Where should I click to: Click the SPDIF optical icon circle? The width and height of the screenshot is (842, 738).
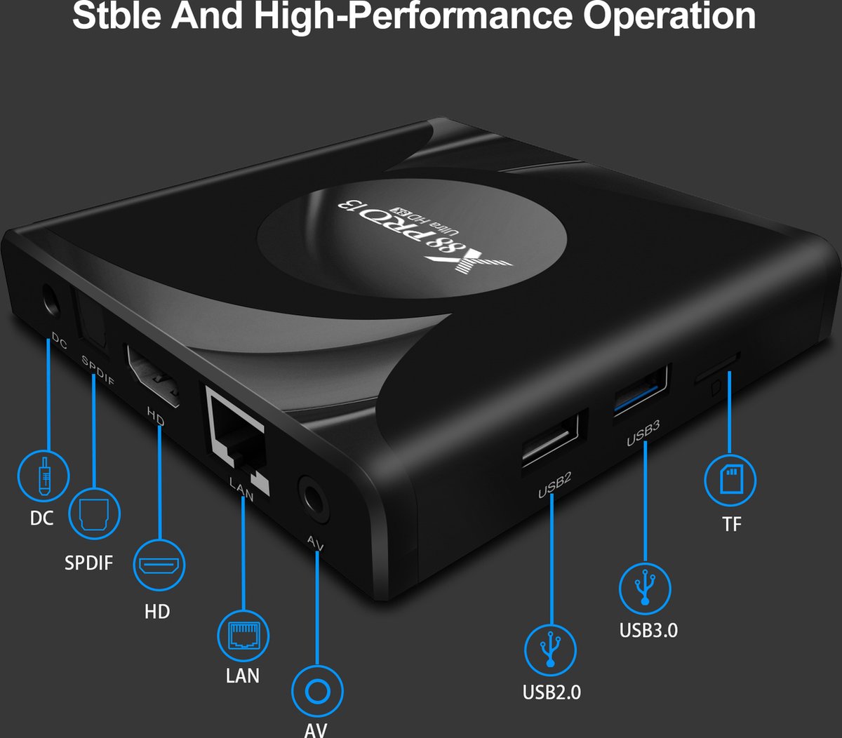[95, 514]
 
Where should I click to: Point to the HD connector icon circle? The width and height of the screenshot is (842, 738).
[161, 564]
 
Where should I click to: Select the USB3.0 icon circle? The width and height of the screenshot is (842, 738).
[645, 588]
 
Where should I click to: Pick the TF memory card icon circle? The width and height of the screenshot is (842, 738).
[730, 481]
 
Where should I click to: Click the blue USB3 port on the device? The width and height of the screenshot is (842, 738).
[641, 390]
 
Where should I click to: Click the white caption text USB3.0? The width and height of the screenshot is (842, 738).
[648, 630]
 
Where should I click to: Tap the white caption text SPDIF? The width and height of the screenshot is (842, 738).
[88, 563]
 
